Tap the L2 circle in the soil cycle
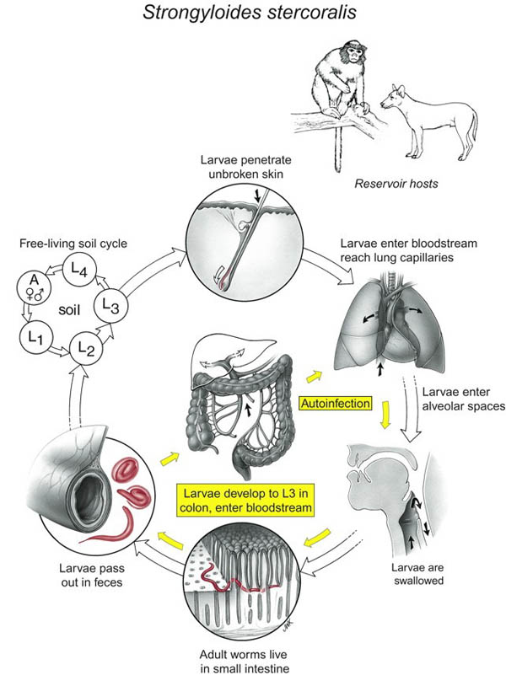(x=84, y=346)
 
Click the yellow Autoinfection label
(x=336, y=404)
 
